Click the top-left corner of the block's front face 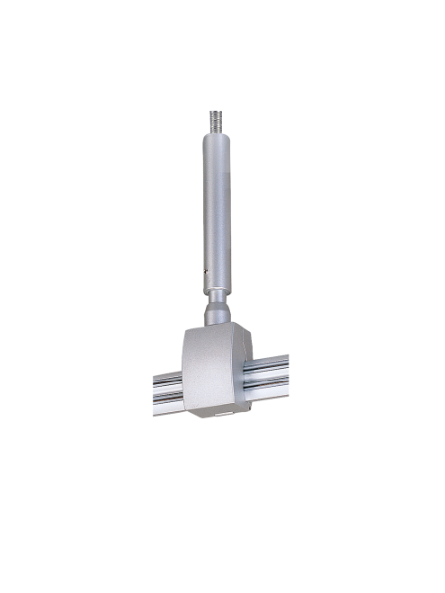187,335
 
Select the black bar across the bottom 222,555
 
